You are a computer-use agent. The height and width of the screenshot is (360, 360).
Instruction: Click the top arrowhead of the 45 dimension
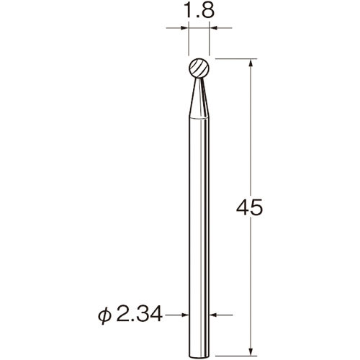[x=250, y=63]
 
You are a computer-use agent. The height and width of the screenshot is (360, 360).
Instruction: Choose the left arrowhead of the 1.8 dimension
[x=185, y=28]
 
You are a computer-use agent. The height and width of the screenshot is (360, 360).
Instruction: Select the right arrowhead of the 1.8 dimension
[x=214, y=28]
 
